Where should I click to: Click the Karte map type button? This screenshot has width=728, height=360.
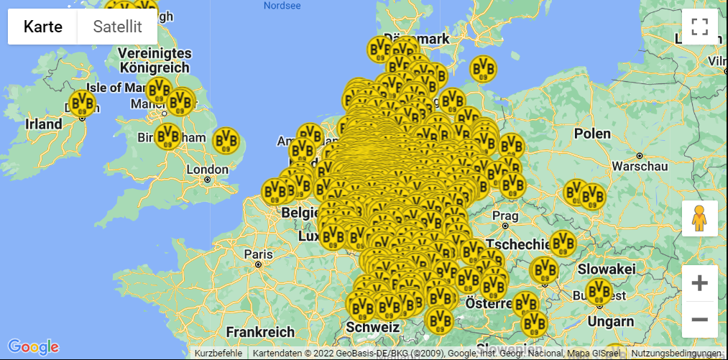coord(42,27)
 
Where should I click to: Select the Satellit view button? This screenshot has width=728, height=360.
coord(117,27)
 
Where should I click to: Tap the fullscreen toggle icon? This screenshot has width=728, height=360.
coord(699,27)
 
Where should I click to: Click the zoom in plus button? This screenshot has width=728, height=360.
coord(699,283)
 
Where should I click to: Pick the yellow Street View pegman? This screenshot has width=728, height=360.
coord(699,218)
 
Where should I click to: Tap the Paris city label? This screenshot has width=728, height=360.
coord(258,254)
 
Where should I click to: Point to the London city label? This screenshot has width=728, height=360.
coord(207,170)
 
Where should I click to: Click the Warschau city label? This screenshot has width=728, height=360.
coord(639,166)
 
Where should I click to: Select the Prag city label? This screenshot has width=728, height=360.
coord(506,216)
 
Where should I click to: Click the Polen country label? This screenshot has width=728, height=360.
coord(592,134)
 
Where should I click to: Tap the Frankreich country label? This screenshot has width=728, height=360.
coord(260,332)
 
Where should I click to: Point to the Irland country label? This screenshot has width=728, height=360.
coord(44,124)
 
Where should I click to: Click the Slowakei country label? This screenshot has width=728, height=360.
coord(606,269)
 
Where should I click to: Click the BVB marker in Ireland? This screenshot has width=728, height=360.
coord(83,103)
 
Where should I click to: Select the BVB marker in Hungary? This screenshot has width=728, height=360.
coord(598,292)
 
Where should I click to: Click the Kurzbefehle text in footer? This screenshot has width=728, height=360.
coord(218,354)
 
